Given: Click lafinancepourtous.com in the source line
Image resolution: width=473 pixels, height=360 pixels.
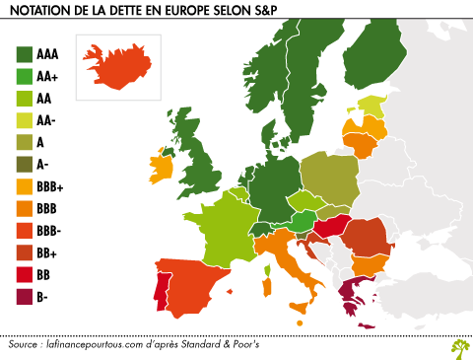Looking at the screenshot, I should [x=99, y=346].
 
